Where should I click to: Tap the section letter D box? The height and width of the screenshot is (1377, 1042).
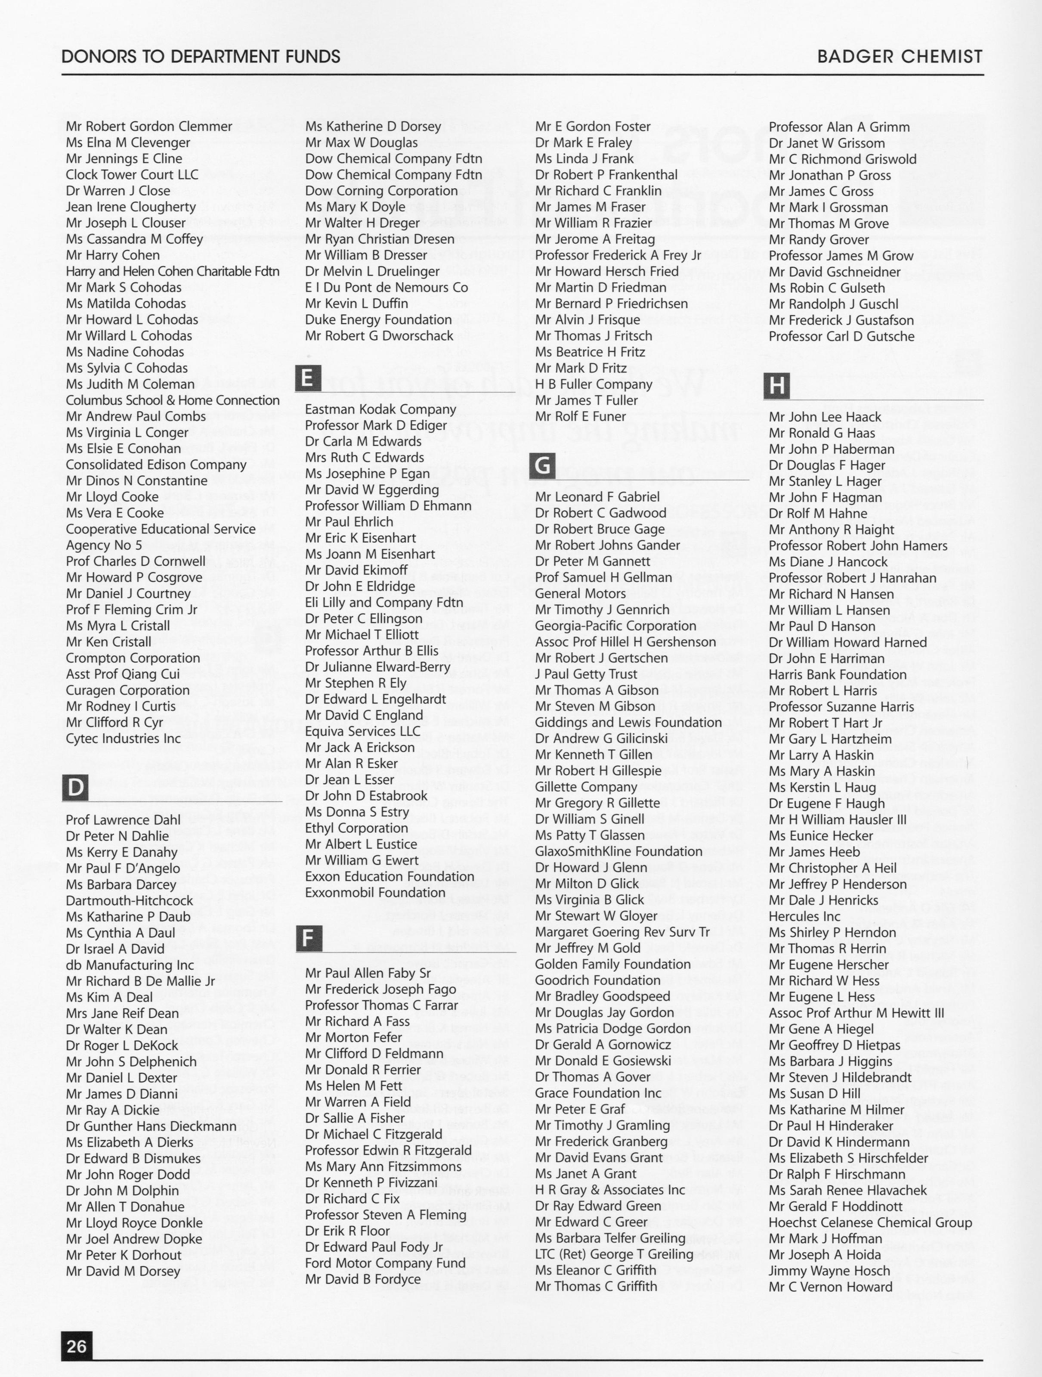pyautogui.click(x=76, y=788)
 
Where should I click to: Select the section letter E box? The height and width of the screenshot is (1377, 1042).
pyautogui.click(x=307, y=378)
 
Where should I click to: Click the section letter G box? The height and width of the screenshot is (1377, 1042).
pyautogui.click(x=543, y=465)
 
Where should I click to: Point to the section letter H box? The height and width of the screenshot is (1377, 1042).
pyautogui.click(x=777, y=386)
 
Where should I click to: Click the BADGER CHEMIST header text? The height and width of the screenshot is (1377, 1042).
pyautogui.click(x=900, y=57)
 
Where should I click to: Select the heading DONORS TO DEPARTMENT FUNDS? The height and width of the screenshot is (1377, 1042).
pyautogui.click(x=201, y=57)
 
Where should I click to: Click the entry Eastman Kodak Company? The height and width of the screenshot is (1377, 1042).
pyautogui.click(x=380, y=409)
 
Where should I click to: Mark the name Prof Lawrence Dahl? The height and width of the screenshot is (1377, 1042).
pyautogui.click(x=123, y=820)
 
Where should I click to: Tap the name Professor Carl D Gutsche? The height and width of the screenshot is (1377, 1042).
pyautogui.click(x=841, y=337)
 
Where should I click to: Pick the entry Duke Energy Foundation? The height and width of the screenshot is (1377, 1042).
pyautogui.click(x=378, y=320)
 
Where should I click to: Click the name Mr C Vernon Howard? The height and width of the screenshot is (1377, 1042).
pyautogui.click(x=830, y=1287)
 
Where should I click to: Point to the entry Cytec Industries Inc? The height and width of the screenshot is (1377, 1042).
pyautogui.click(x=123, y=739)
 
